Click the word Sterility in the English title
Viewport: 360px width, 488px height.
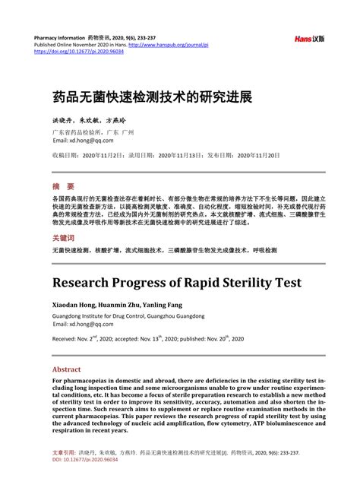pyautogui.click(x=235, y=282)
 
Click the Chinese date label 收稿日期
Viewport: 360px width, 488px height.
pyautogui.click(x=65, y=155)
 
